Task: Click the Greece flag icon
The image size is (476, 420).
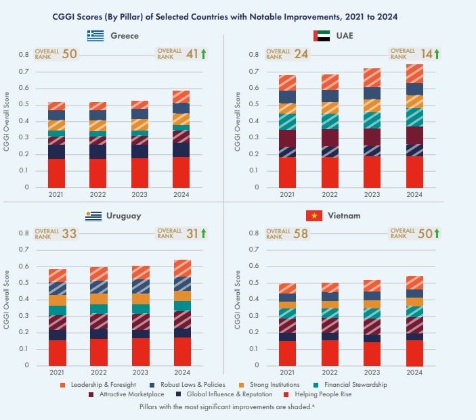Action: [95, 36]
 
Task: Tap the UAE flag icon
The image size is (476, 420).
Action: [322, 36]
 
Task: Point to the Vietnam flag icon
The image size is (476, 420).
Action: [313, 216]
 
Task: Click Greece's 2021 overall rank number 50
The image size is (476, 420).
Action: [69, 53]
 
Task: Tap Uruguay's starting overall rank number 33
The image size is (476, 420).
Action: [69, 233]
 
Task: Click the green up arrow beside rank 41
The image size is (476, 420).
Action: [203, 53]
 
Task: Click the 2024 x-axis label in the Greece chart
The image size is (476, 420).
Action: [181, 194]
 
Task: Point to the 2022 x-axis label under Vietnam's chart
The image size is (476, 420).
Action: [330, 373]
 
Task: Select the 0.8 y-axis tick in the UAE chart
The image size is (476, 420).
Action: [254, 55]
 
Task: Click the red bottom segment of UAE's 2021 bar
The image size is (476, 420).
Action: [287, 172]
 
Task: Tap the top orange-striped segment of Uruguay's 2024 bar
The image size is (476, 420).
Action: [182, 268]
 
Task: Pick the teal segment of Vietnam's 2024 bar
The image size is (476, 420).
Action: [414, 311]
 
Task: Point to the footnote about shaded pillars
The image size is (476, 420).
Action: [238, 408]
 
